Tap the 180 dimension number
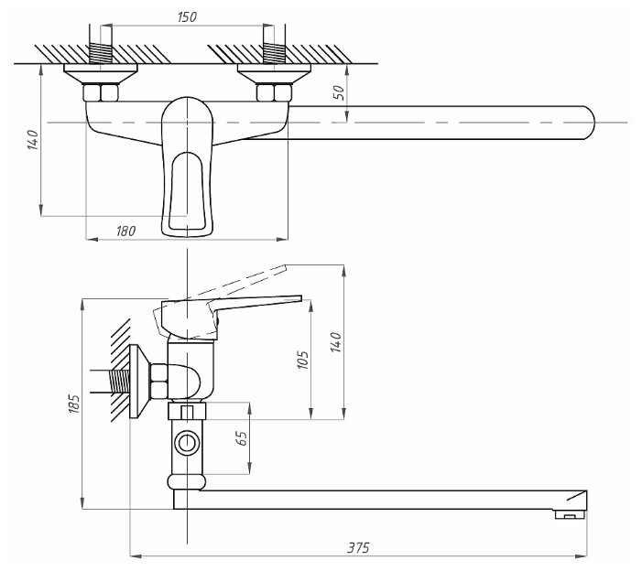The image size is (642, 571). pos(126,232)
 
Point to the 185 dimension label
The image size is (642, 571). pos(73,404)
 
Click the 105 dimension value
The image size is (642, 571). pos(304,358)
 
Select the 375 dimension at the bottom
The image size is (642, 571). pos(358,547)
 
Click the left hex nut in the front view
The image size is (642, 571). pos(98,92)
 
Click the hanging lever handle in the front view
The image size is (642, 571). pos(188,183)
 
